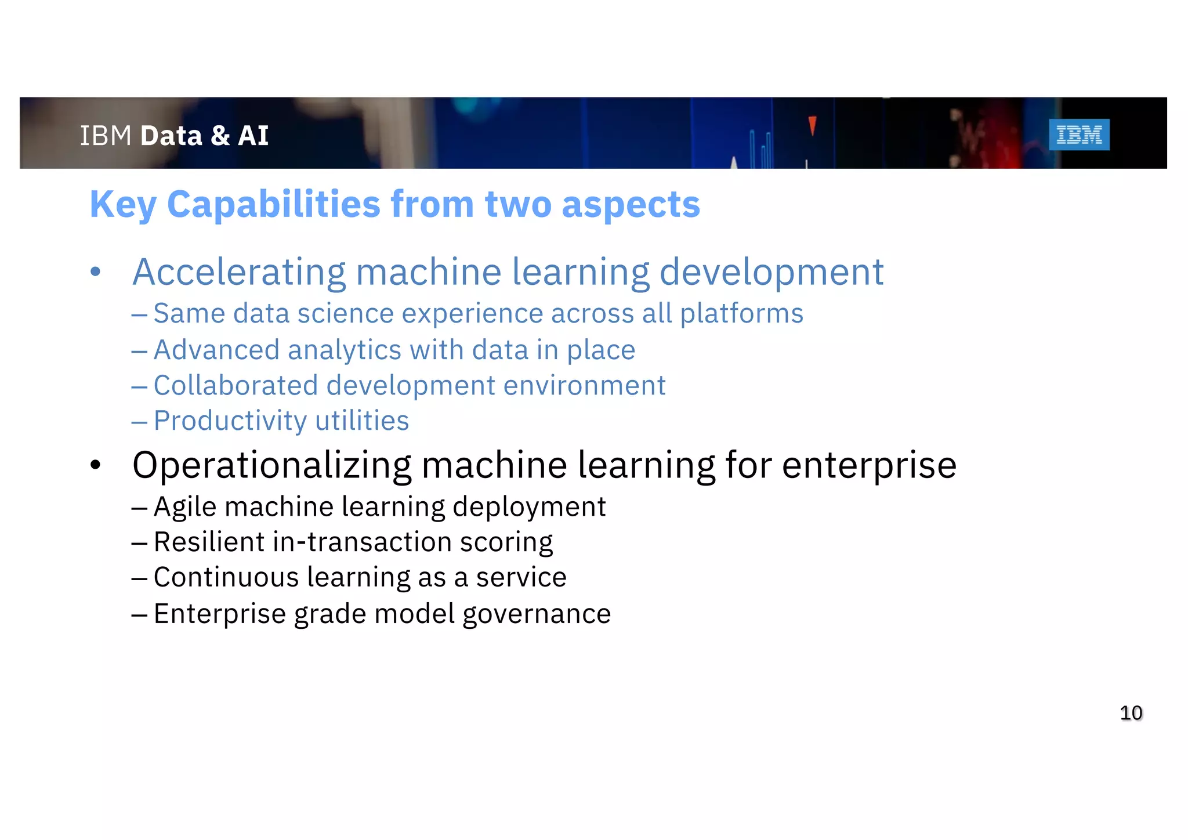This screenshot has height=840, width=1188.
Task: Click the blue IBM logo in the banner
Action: coord(1079,135)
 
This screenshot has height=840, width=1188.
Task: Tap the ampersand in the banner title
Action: coord(220,136)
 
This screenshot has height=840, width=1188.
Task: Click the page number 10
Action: coord(1131,712)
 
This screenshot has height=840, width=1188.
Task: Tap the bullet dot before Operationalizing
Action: coord(96,465)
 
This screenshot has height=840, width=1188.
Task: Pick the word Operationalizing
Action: coord(271,465)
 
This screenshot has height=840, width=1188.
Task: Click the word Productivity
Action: coord(230,421)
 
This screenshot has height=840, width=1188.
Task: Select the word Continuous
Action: coord(226,577)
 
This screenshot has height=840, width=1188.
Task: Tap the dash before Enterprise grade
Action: coord(139,614)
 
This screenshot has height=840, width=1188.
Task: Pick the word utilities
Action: coord(362,421)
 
